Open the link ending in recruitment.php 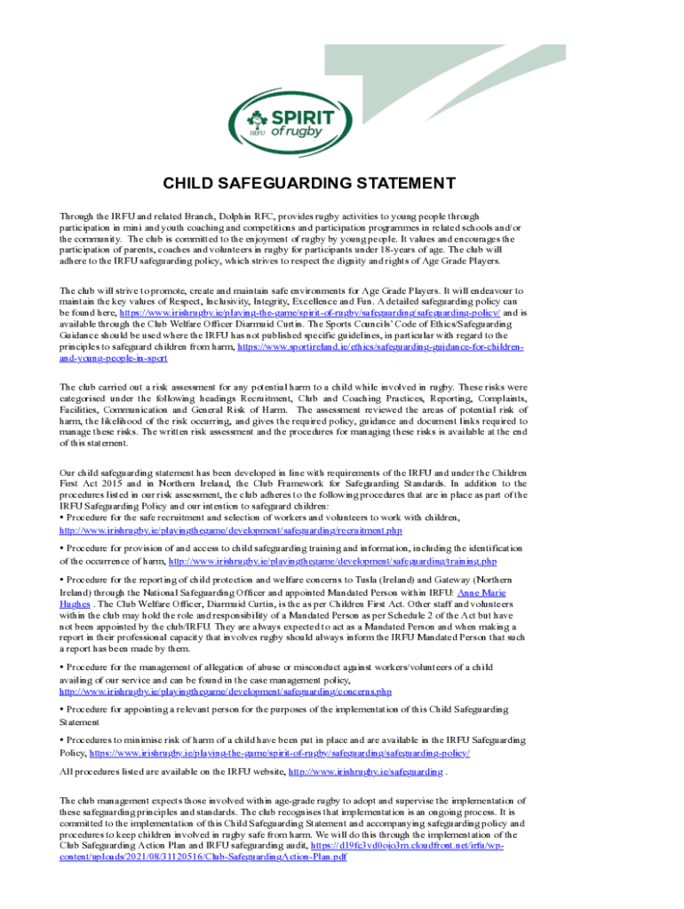[231, 529]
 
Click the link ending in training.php [332, 561]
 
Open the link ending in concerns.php [226, 691]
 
